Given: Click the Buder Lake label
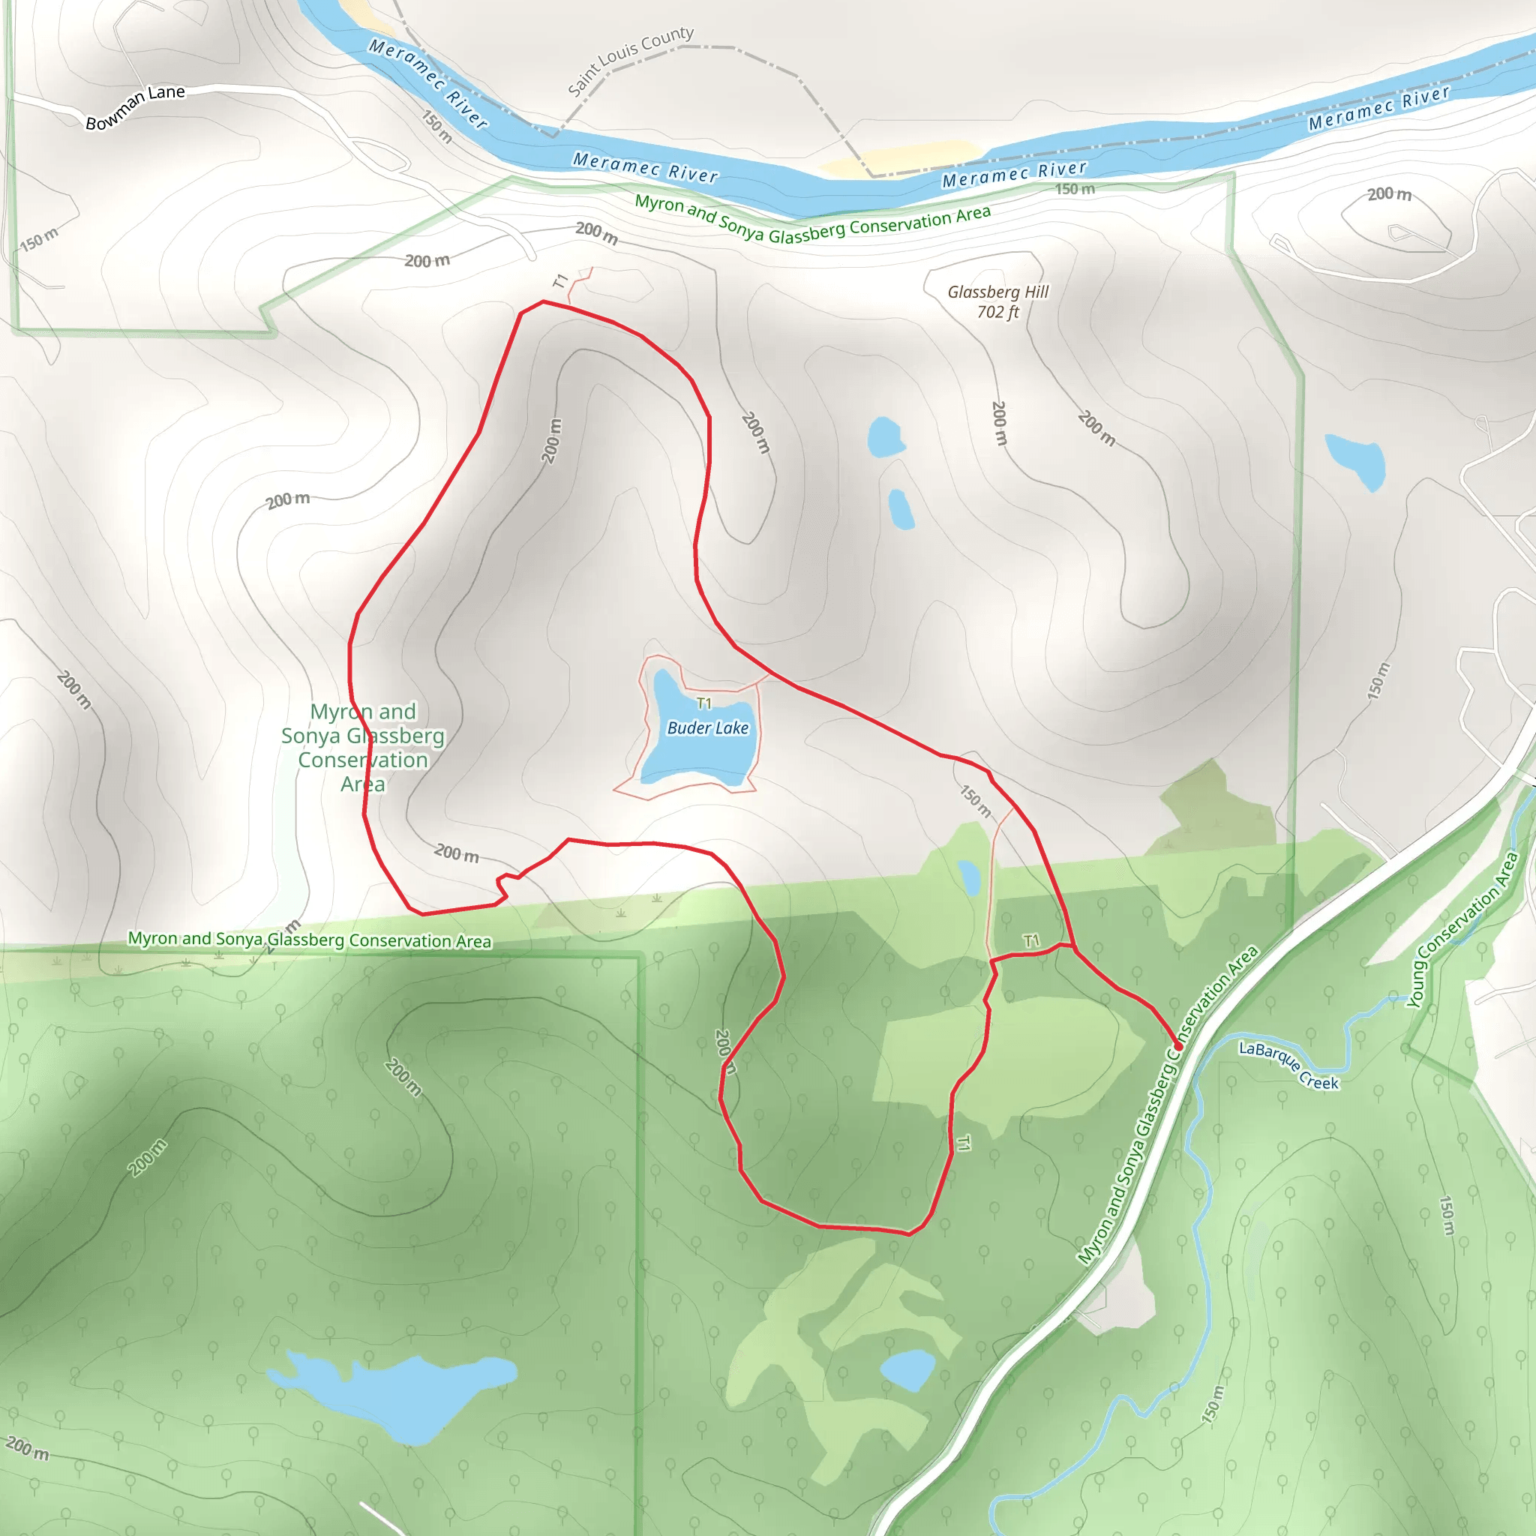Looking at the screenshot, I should click(x=707, y=728).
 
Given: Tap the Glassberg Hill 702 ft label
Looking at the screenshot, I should click(x=997, y=302).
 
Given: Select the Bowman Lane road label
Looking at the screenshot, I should click(x=135, y=107).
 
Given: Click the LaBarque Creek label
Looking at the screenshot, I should click(x=1288, y=1065).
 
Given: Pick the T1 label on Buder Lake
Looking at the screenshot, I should click(x=704, y=703).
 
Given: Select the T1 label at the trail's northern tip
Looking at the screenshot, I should click(x=561, y=280).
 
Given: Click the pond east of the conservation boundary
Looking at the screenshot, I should click(x=1355, y=460).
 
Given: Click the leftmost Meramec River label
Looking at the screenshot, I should click(x=427, y=82).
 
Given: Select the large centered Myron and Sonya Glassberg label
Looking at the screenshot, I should click(x=362, y=747).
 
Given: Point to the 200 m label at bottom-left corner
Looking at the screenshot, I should click(x=27, y=1447).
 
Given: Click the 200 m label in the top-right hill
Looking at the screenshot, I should click(x=1389, y=194).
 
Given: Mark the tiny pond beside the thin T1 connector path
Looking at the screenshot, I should click(x=969, y=877).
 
